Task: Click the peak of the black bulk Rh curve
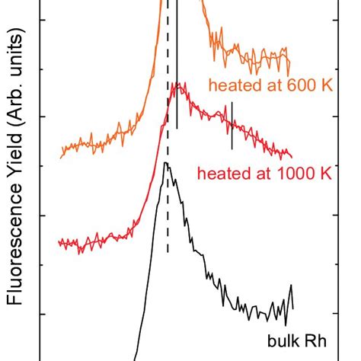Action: tap(165, 163)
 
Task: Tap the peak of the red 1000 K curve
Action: tap(177, 85)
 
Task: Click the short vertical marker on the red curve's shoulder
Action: tap(232, 125)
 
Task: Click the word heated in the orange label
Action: tap(232, 85)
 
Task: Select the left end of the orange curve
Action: tap(61, 156)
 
